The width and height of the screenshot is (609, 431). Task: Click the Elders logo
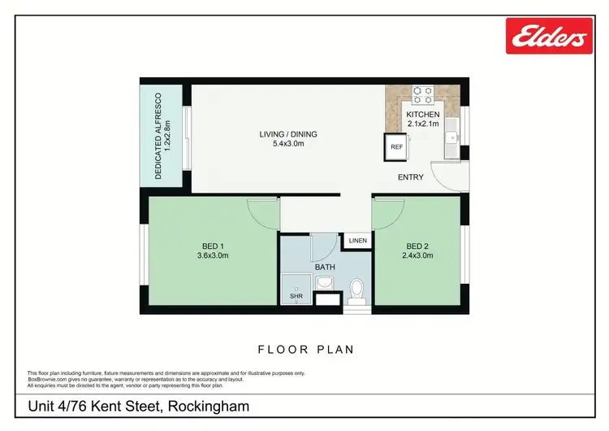546,35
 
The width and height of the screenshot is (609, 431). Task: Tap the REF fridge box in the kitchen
397,147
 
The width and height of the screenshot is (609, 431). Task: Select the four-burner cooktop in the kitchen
422,95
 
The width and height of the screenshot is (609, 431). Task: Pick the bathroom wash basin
324,282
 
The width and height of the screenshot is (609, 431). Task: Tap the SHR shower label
296,297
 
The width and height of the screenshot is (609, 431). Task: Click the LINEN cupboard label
357,241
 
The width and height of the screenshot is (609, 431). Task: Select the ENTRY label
410,177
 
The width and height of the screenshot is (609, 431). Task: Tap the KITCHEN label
422,115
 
